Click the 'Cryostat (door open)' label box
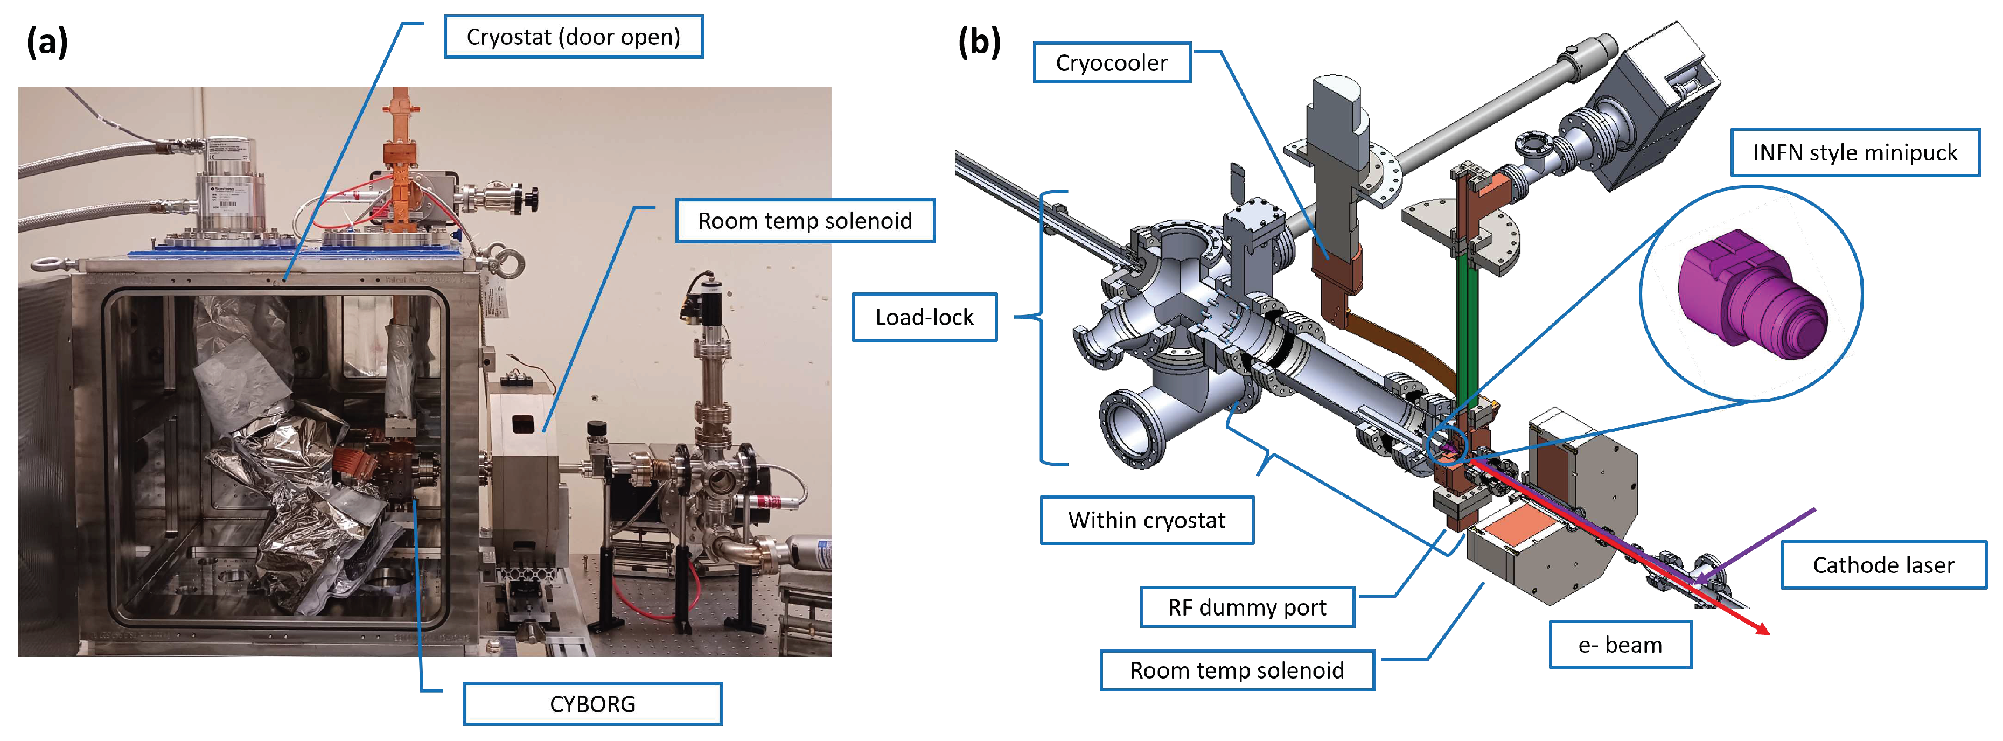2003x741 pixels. (573, 37)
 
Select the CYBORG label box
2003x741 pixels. (592, 704)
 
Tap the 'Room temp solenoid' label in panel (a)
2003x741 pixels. (805, 221)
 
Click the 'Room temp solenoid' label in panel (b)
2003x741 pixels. (1237, 670)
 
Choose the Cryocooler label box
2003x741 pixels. (1111, 63)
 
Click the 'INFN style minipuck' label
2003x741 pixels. (1854, 152)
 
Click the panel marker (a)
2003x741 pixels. (47, 42)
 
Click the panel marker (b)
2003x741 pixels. (979, 42)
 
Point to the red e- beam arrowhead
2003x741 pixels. (1761, 629)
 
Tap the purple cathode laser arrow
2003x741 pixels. (1757, 544)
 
